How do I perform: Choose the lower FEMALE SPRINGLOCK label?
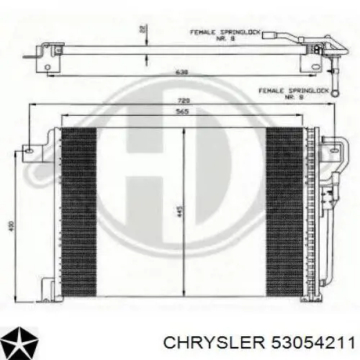(288, 93)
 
